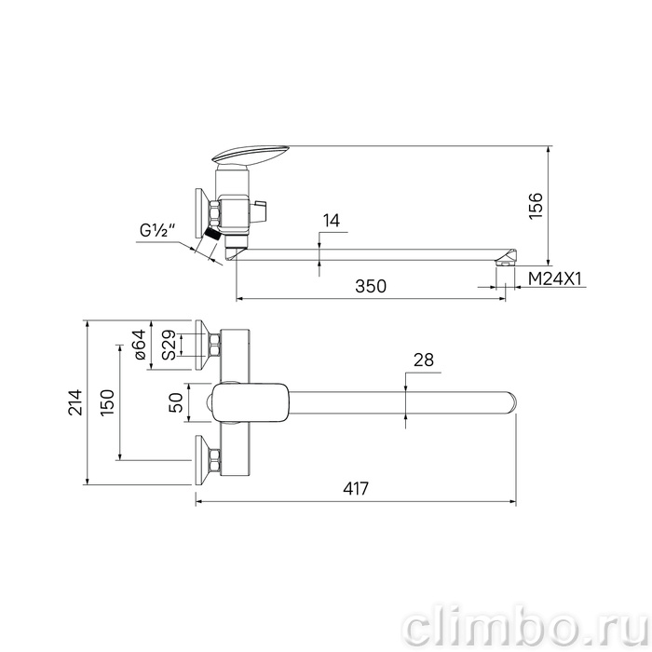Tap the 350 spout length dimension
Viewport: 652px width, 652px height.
click(x=371, y=286)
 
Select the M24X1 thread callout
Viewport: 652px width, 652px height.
click(x=554, y=278)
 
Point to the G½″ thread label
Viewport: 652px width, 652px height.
click(x=158, y=230)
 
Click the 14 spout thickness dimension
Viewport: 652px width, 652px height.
click(x=332, y=221)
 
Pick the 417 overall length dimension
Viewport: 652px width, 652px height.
click(x=356, y=489)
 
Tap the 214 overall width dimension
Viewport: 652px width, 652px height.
click(x=75, y=402)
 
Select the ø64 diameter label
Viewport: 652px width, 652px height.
click(x=140, y=345)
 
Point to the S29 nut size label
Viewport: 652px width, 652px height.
click(x=170, y=345)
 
